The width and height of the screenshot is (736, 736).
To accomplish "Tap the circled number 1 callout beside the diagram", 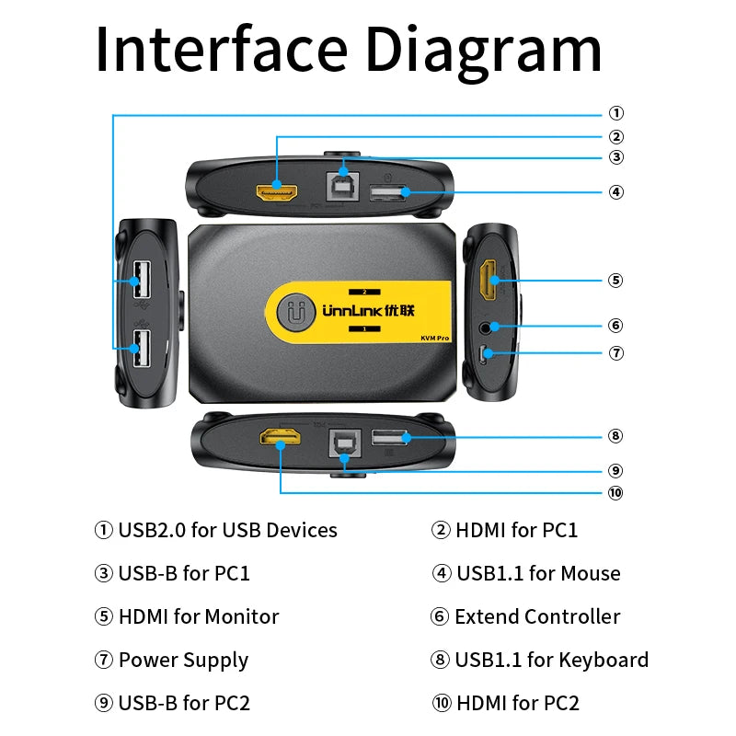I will click(615, 114).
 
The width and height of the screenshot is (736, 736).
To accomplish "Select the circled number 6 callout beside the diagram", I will click(615, 325).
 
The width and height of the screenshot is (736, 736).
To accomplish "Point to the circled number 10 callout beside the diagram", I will click(615, 492).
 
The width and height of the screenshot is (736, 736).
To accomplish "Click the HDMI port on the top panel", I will click(277, 192).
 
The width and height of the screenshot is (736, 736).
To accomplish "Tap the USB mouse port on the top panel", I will click(389, 193).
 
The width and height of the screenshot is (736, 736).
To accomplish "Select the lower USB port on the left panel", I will click(140, 347).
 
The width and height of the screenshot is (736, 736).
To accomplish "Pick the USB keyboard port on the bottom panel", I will click(390, 439).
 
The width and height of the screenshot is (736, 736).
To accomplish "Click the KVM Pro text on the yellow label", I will click(434, 339).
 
